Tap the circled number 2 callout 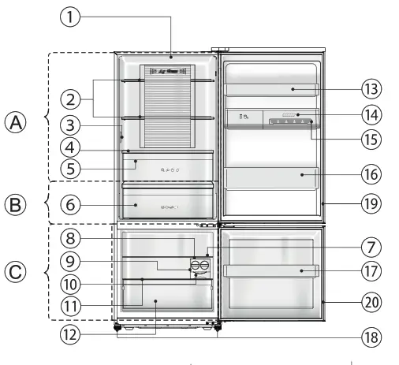coord(70,99)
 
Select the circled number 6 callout coord(70,203)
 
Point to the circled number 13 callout coord(371,91)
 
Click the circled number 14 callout coord(371,115)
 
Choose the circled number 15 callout coord(371,140)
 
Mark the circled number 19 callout coord(371,203)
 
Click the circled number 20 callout coord(371,300)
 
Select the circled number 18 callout coord(371,337)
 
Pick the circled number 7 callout coord(371,247)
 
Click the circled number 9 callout coord(70,259)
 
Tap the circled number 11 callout coord(70,305)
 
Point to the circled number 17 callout coord(371,271)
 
